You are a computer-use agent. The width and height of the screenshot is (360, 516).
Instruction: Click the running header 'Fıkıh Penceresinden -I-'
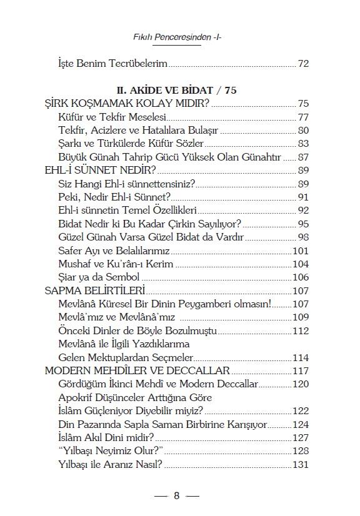(x=179, y=37)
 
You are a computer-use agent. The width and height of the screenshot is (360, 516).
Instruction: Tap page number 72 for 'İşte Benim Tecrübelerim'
(x=303, y=64)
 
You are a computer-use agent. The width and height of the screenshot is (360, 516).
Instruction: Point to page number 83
(x=303, y=144)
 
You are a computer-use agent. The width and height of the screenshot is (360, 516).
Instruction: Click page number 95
(x=303, y=224)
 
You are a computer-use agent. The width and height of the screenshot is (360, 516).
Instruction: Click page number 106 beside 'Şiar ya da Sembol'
(x=301, y=277)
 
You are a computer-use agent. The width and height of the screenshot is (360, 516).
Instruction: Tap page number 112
(x=301, y=330)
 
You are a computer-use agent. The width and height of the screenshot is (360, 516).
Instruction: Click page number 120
(x=301, y=384)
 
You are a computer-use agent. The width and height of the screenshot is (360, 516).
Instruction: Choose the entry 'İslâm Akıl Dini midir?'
(x=105, y=438)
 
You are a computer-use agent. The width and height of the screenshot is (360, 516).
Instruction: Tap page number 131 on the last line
(x=301, y=464)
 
